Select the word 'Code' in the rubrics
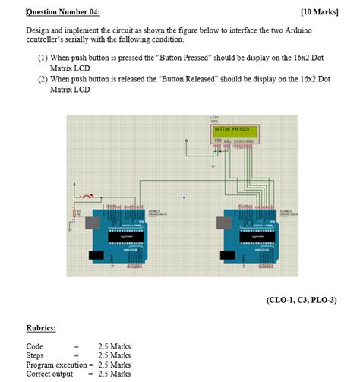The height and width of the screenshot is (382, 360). [34, 346]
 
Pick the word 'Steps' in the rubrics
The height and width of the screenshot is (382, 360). [35, 355]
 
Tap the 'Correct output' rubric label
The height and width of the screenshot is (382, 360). [49, 374]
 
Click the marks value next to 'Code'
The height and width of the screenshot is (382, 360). [114, 346]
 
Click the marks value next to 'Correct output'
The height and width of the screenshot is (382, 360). [114, 374]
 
